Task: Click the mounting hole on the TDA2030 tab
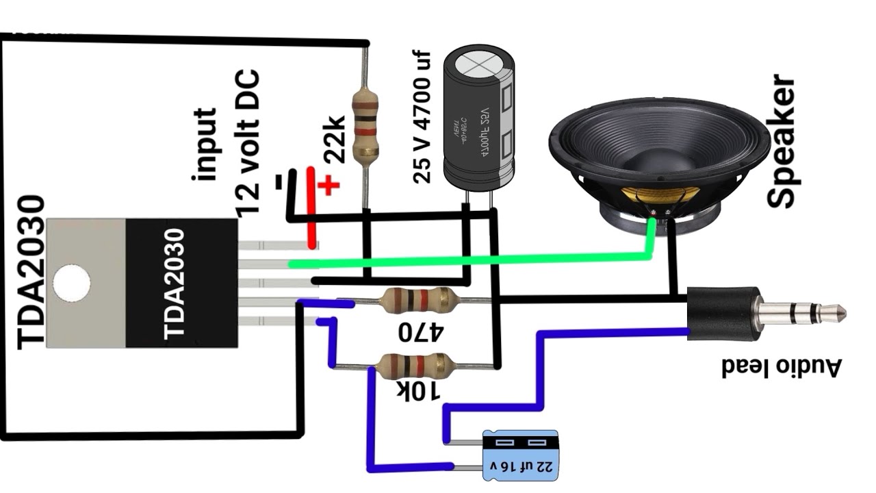click(x=71, y=283)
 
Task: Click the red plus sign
click(x=329, y=185)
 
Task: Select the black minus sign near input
click(x=279, y=182)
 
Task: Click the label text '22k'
click(x=333, y=140)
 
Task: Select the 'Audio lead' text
click(x=780, y=367)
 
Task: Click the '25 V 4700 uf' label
click(x=422, y=116)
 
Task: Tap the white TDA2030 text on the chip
click(x=175, y=283)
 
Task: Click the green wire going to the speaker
click(x=465, y=260)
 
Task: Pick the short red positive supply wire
click(x=311, y=208)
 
